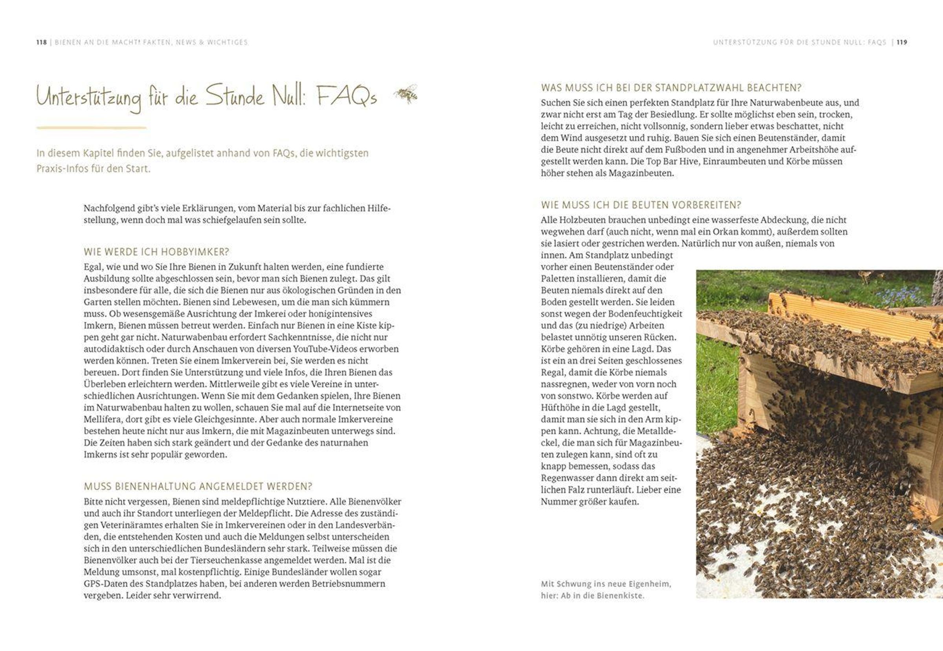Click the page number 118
pos(41,42)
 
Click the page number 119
pos(902,42)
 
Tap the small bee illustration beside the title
pos(406,94)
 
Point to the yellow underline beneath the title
pos(91,128)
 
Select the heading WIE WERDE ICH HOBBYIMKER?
pos(156,252)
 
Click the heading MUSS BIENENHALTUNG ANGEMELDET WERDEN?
pos(198,486)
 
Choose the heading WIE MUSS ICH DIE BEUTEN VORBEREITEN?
pos(641,205)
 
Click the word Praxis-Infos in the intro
pos(61,168)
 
